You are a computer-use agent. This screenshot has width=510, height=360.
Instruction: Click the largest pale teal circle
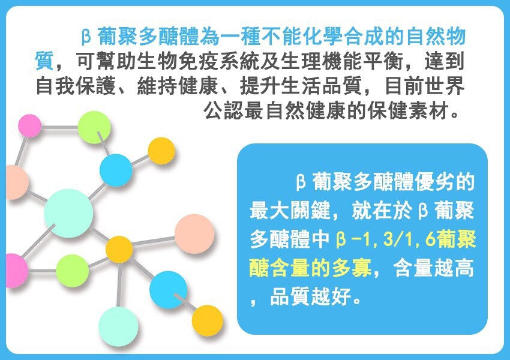coord(68,213)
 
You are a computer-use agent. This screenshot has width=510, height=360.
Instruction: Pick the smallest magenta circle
coord(29,125)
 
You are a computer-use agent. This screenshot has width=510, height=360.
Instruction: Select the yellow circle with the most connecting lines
coord(119,250)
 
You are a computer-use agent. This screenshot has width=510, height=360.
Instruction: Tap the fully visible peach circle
coord(194,234)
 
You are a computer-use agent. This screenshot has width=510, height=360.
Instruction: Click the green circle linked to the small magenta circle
coord(94,127)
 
